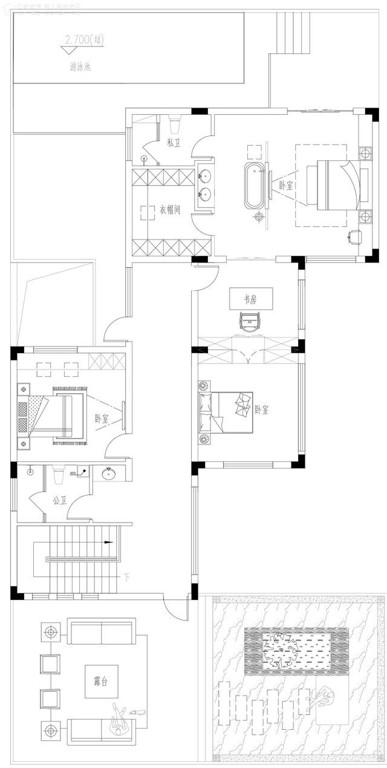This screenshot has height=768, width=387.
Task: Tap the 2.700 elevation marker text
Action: pyautogui.click(x=83, y=41)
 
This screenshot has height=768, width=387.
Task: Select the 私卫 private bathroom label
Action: pyautogui.click(x=173, y=143)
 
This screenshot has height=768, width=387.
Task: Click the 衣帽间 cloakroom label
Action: pyautogui.click(x=171, y=210)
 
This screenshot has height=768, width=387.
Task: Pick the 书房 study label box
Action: pyautogui.click(x=250, y=299)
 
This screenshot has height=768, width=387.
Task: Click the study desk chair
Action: pyautogui.click(x=250, y=321)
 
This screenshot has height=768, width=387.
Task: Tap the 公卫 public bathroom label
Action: pyautogui.click(x=59, y=500)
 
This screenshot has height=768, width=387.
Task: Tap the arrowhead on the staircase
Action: pyautogui.click(x=109, y=542)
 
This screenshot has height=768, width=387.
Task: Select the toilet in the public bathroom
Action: pyautogui.click(x=59, y=476)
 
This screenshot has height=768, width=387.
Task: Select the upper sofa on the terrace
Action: pyautogui.click(x=101, y=632)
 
